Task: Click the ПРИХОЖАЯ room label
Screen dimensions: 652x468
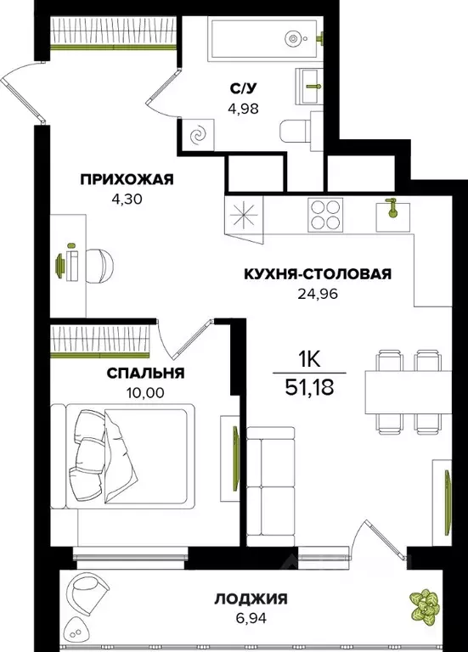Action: tap(127, 178)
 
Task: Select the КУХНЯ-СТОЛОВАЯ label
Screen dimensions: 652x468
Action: tap(317, 273)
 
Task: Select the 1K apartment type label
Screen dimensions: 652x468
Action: tap(310, 357)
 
